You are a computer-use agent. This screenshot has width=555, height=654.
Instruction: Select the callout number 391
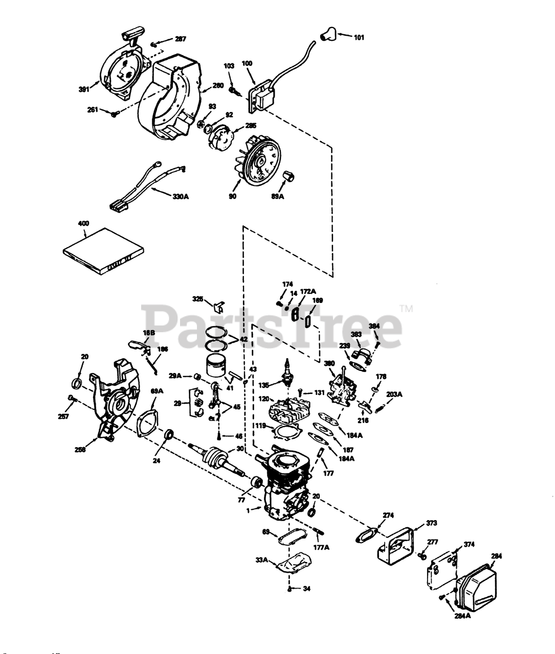(x=84, y=89)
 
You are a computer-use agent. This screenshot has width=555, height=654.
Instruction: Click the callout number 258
(x=80, y=449)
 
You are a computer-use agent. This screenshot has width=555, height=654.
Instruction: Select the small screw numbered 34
(x=290, y=589)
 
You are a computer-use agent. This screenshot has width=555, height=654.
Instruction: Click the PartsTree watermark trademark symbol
(x=406, y=309)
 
